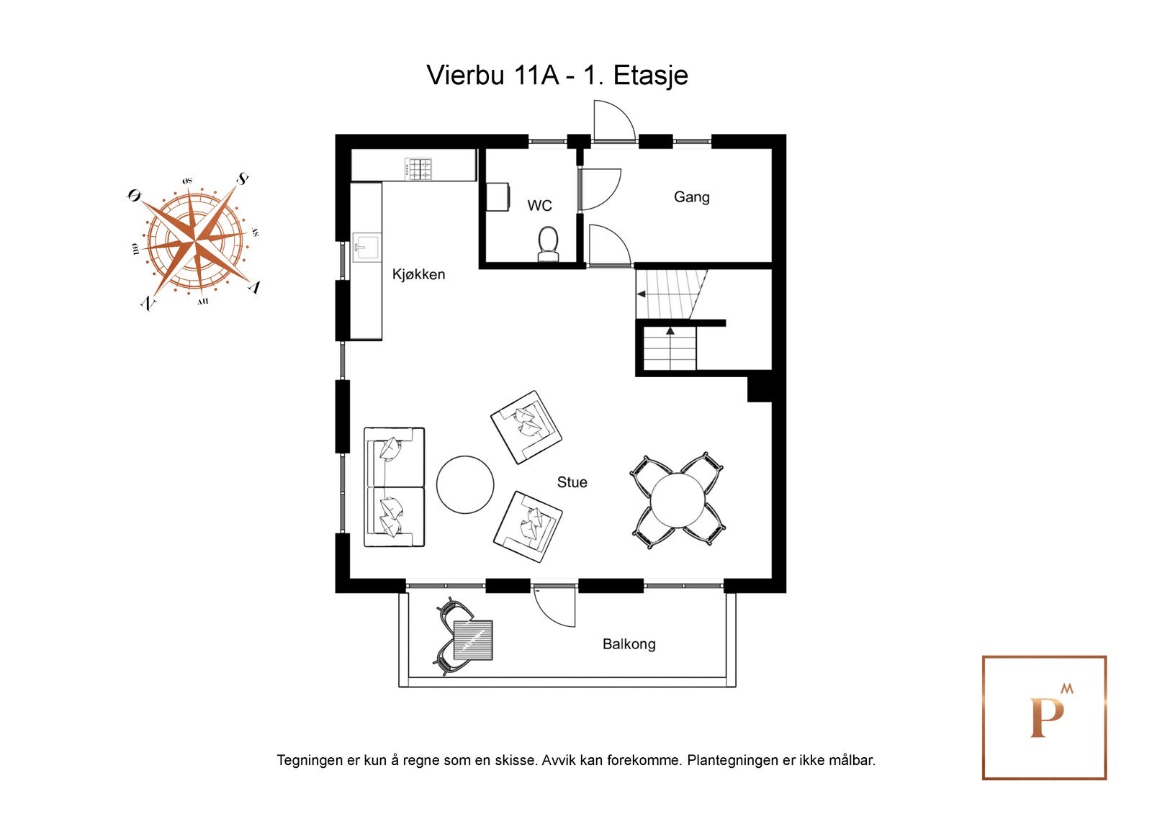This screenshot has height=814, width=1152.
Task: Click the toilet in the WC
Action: tap(549, 244)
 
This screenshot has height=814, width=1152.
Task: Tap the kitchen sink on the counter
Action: tap(366, 248)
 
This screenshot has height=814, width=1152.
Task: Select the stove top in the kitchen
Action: tap(420, 169)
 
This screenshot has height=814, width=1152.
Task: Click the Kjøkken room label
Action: tap(418, 274)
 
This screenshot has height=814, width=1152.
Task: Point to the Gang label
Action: tap(691, 196)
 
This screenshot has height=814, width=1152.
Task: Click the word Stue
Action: tap(572, 482)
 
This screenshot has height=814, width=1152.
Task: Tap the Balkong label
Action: tap(629, 644)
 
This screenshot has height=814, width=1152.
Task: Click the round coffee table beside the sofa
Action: tap(465, 484)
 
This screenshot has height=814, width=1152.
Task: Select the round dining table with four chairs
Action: tap(678, 499)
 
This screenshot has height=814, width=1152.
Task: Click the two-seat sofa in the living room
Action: tap(394, 487)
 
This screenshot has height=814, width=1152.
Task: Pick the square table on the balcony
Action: tap(473, 641)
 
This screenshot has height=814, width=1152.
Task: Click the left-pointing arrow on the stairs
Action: tap(641, 294)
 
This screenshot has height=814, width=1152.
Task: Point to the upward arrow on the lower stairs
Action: tap(670, 331)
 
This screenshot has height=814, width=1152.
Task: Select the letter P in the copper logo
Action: tap(1045, 718)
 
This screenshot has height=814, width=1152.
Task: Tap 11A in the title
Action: tap(536, 75)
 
